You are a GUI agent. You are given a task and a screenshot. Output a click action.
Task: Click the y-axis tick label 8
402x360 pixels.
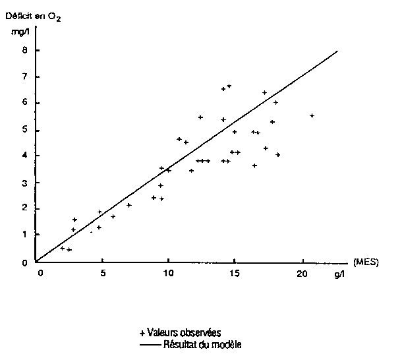24,50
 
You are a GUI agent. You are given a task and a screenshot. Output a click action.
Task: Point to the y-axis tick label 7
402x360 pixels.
24,76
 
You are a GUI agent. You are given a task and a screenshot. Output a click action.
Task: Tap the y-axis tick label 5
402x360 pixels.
24,130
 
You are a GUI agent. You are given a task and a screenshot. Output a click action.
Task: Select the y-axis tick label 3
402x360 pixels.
24,183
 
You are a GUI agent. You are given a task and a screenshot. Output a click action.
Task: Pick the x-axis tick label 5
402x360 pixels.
103,272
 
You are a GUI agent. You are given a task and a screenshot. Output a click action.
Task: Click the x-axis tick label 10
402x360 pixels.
169,272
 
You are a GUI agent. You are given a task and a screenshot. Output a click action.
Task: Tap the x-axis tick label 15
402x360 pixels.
235,272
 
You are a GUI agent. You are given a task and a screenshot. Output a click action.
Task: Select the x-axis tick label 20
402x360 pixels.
302,272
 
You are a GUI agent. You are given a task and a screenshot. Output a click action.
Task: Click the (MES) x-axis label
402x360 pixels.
365,262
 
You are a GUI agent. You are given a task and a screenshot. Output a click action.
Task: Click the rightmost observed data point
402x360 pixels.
312,115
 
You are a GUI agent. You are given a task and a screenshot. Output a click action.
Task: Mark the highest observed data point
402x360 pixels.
229,86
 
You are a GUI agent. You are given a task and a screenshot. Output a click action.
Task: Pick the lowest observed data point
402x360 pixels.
69,249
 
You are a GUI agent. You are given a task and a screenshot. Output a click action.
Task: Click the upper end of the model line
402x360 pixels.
337,51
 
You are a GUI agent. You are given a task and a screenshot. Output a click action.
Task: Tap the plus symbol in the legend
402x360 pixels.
143,332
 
